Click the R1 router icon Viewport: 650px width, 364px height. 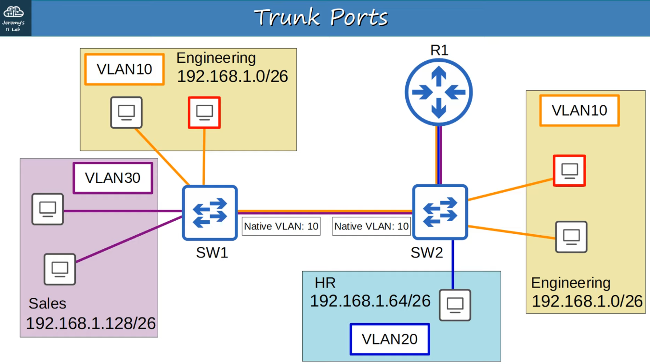pos(439,92)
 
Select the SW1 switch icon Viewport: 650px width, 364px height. pos(210,213)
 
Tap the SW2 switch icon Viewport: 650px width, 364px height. pos(440,212)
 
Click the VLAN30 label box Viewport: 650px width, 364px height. pos(113,178)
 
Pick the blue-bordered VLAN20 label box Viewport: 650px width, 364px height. pos(390,339)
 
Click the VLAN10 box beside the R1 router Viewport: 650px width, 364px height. pos(579,110)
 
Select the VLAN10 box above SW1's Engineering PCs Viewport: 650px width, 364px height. pos(124,69)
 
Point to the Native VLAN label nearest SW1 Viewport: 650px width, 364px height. pos(281,226)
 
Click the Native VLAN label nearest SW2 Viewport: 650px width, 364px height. pos(371,226)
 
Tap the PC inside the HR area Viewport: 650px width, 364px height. pos(455,305)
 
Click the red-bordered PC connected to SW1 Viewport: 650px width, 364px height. pos(204,112)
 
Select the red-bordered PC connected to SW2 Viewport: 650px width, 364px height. pos(569,171)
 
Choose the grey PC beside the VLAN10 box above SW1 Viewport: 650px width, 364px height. pos(126,112)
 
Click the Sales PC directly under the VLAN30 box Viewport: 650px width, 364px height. pos(47,209)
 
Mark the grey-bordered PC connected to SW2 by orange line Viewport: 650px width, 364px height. pos(571,237)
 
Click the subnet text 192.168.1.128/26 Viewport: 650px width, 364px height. pos(91,323)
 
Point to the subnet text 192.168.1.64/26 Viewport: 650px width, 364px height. pos(370,301)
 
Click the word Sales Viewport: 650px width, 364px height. pos(47,304)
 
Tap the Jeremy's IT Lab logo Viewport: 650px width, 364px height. pos(14,18)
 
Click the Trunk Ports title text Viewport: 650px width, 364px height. pos(321,18)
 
